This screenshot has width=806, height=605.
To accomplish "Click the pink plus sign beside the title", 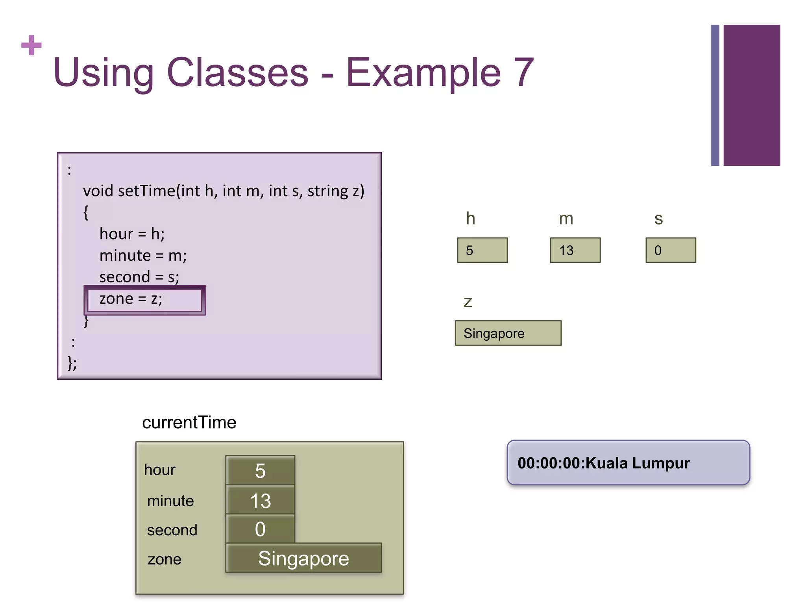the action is click(31, 45).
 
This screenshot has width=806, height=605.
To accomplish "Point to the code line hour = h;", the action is click(132, 234).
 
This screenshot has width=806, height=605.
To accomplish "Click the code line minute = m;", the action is click(143, 256).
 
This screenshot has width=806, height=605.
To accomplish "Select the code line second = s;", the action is click(139, 277).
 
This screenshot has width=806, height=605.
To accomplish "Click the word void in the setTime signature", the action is click(98, 191).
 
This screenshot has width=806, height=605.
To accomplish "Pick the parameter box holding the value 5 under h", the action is click(482, 250).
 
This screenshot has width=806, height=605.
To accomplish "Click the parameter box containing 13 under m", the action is click(575, 250).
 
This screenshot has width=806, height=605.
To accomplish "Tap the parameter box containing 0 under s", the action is click(671, 250).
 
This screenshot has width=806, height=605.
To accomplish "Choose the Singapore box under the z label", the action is click(508, 333).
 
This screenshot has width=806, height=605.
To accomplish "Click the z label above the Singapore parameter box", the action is click(468, 302).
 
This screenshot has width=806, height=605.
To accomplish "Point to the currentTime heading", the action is click(189, 423).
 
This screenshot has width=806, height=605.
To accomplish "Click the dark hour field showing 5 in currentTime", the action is click(260, 471).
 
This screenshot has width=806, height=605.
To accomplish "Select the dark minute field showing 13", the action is click(260, 501).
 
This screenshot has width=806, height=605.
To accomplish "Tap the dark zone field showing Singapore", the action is click(303, 558).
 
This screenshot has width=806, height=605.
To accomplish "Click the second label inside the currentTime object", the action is click(172, 530).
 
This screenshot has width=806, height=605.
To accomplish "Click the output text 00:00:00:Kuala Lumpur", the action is click(604, 463).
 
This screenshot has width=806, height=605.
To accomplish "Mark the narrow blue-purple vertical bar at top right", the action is click(715, 95).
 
